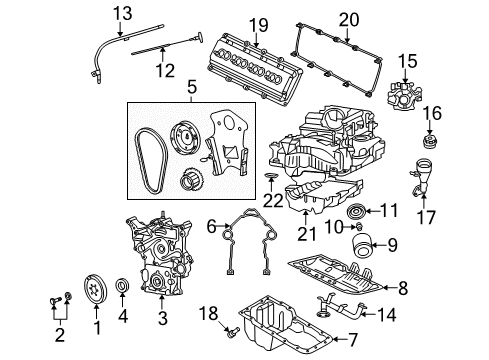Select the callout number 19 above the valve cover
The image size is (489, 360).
click(x=257, y=24)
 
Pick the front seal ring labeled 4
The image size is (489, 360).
click(x=123, y=291)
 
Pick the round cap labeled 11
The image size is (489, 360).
click(x=354, y=211)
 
